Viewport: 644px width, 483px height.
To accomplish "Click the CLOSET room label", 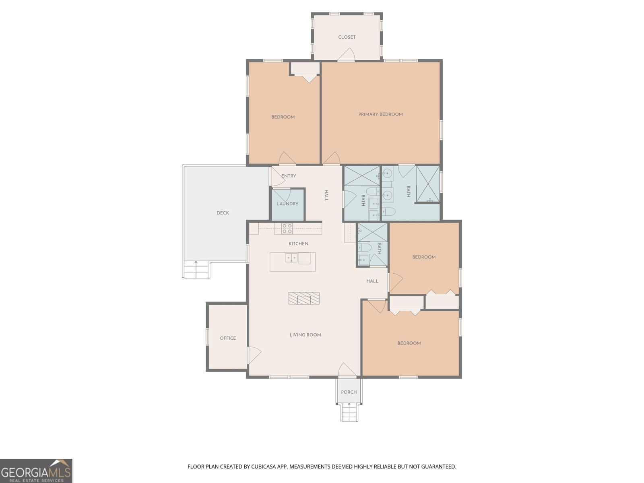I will tap(347, 37).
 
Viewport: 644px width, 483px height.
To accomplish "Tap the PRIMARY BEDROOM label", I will tap(380, 114).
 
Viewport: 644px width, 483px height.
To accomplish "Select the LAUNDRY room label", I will tap(287, 204).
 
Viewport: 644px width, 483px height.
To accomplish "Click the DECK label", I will tap(223, 213).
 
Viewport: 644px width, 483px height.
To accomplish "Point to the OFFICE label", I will tap(228, 338).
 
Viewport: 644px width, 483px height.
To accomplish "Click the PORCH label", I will tap(349, 392).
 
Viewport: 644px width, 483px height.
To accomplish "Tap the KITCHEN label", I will tap(298, 244).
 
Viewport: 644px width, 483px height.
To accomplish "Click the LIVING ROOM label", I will tap(305, 335).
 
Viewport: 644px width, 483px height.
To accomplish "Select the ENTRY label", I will tap(289, 176).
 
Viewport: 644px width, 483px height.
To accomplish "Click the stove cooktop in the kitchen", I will tap(287, 229).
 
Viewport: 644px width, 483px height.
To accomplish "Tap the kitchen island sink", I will tap(291, 258).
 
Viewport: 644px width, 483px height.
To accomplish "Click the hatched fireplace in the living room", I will tap(304, 298).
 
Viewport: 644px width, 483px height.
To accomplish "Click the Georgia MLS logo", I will tap(36, 471).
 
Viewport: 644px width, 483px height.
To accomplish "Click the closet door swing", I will tap(347, 55).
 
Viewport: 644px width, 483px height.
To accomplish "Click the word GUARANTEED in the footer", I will tap(440, 467).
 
